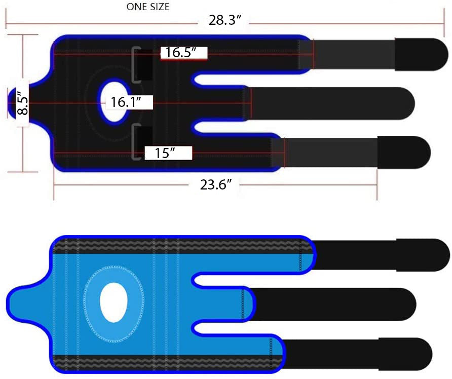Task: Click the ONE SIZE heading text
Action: point(148,7)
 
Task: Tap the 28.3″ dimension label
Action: point(224,20)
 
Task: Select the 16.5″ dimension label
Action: point(181,53)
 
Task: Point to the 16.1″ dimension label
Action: point(126,102)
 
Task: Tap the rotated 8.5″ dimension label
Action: point(22,103)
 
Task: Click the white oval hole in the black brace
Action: point(114,102)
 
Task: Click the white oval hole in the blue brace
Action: point(114,302)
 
